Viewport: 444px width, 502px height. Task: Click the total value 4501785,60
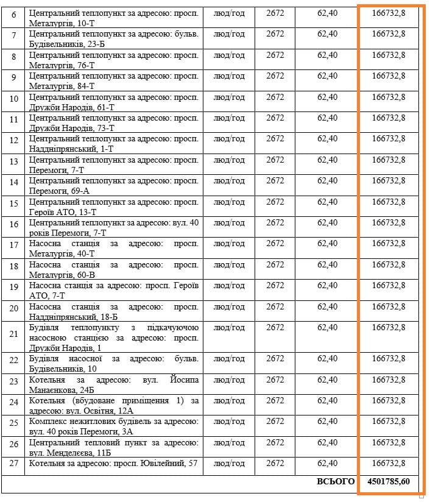coord(389,481)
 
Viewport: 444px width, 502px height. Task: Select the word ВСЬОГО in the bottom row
coord(336,481)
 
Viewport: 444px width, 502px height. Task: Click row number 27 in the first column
coord(13,464)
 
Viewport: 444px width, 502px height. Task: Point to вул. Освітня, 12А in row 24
coord(77,411)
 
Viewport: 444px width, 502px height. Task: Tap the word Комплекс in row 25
coord(48,422)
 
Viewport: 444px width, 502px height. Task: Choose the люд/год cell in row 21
coord(229,328)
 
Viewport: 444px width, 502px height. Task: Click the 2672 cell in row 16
coord(275,223)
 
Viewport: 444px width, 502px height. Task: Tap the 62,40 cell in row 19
coord(327,286)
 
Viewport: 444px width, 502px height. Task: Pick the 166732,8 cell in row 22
coord(389,359)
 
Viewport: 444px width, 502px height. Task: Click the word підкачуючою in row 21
coord(157,328)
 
